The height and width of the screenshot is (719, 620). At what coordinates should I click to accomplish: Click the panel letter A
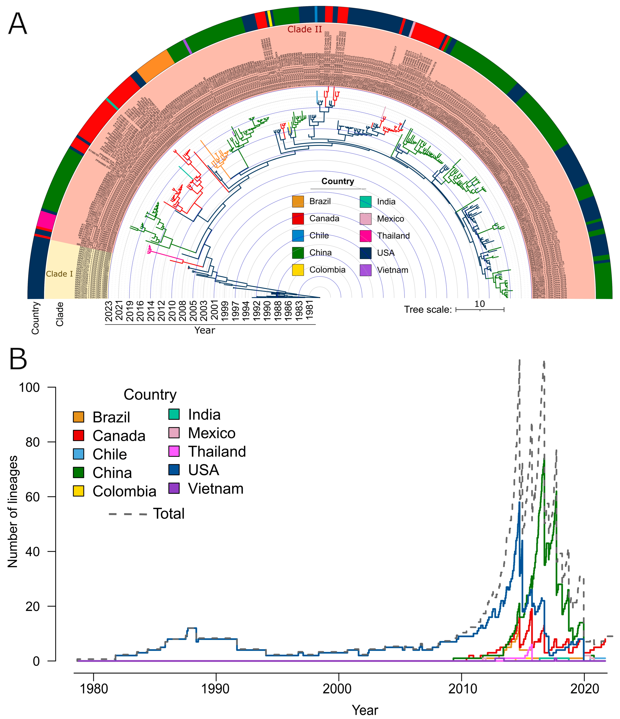tap(17, 24)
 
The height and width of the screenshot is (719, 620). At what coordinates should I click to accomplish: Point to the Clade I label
tap(59, 274)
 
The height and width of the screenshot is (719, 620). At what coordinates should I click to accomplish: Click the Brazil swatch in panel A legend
tap(298, 201)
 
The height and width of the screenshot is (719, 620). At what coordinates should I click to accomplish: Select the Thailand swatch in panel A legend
tap(366, 236)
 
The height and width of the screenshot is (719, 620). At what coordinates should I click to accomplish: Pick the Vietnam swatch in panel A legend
tap(366, 270)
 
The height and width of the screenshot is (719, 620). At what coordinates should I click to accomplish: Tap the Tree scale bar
tap(480, 309)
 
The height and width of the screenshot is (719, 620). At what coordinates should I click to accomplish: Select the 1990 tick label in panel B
tap(216, 688)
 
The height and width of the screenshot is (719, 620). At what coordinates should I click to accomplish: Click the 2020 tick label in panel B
tap(584, 688)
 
